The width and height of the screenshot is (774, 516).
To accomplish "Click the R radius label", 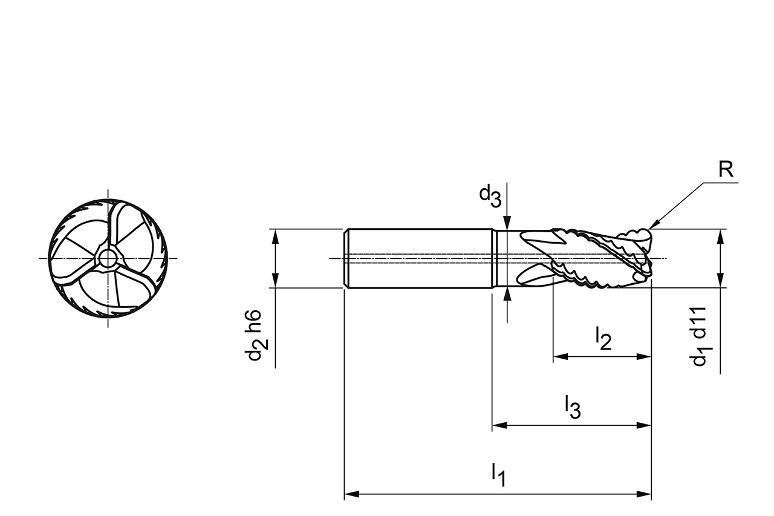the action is [x=726, y=169].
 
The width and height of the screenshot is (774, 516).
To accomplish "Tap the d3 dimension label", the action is [x=490, y=197].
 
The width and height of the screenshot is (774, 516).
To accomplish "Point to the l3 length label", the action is [x=573, y=408].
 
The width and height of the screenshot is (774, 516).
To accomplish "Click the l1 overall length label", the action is [x=499, y=476].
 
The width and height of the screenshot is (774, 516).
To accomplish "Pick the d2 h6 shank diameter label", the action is [x=256, y=335].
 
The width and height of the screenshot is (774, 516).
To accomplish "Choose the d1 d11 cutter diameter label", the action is [x=701, y=336].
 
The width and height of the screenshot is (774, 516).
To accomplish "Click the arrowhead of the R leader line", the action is [x=654, y=224].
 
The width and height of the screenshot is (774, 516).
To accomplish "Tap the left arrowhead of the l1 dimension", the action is [x=352, y=494].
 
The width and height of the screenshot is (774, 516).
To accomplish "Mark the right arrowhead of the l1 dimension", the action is [x=644, y=494].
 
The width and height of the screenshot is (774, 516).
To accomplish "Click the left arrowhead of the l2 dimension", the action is [x=561, y=357].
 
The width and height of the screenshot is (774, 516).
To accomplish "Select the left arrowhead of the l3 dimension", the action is [x=499, y=425].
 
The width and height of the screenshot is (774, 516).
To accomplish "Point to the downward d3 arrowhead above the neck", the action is [x=507, y=223].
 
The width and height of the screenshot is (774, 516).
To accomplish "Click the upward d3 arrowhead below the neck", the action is [x=507, y=295].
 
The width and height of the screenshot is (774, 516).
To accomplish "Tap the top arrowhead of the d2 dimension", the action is [x=275, y=237].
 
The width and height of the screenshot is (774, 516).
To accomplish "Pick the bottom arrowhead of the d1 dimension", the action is [x=720, y=280].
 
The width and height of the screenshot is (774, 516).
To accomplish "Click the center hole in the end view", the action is [x=108, y=258].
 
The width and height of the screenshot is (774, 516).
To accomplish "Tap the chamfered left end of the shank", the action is [x=346, y=258].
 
